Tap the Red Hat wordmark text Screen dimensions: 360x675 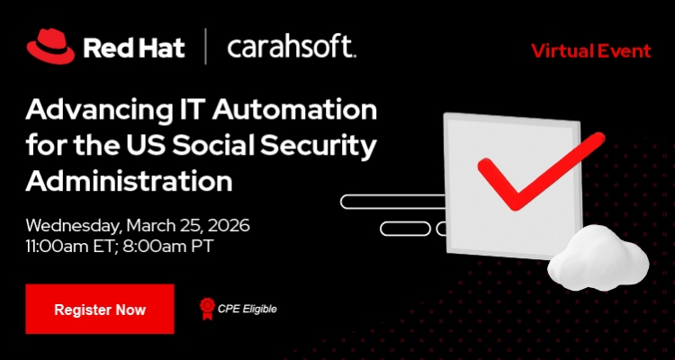(x=133, y=46)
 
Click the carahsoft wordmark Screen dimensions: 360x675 (x=291, y=46)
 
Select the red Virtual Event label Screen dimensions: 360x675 (x=590, y=50)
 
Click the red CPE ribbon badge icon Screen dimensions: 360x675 (x=206, y=309)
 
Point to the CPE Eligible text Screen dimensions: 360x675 (x=247, y=309)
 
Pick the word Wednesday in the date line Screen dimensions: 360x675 (x=75, y=224)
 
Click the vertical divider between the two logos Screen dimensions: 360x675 (x=208, y=46)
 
